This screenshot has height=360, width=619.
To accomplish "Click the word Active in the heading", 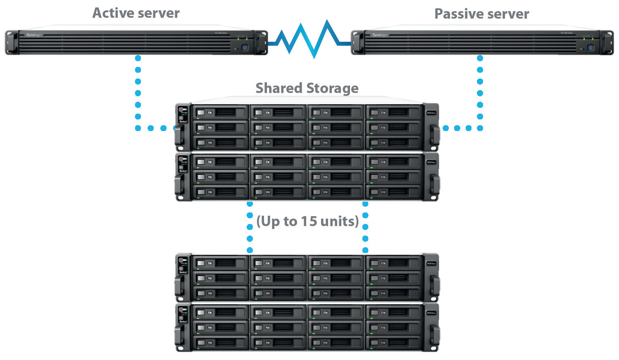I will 112,13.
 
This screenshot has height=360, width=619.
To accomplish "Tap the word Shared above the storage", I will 279,88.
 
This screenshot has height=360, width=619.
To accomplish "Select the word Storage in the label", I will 332,88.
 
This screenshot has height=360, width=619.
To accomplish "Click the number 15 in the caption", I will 308,221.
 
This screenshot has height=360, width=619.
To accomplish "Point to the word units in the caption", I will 338,221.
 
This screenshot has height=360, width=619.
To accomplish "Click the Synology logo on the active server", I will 34,35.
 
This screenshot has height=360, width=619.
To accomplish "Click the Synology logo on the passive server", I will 379,35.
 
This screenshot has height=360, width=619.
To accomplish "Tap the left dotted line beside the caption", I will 250,227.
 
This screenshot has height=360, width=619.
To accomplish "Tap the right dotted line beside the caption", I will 365,227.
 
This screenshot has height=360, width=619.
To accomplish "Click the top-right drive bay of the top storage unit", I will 394,112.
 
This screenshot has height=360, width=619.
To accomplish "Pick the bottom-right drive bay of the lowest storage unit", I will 394,343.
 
